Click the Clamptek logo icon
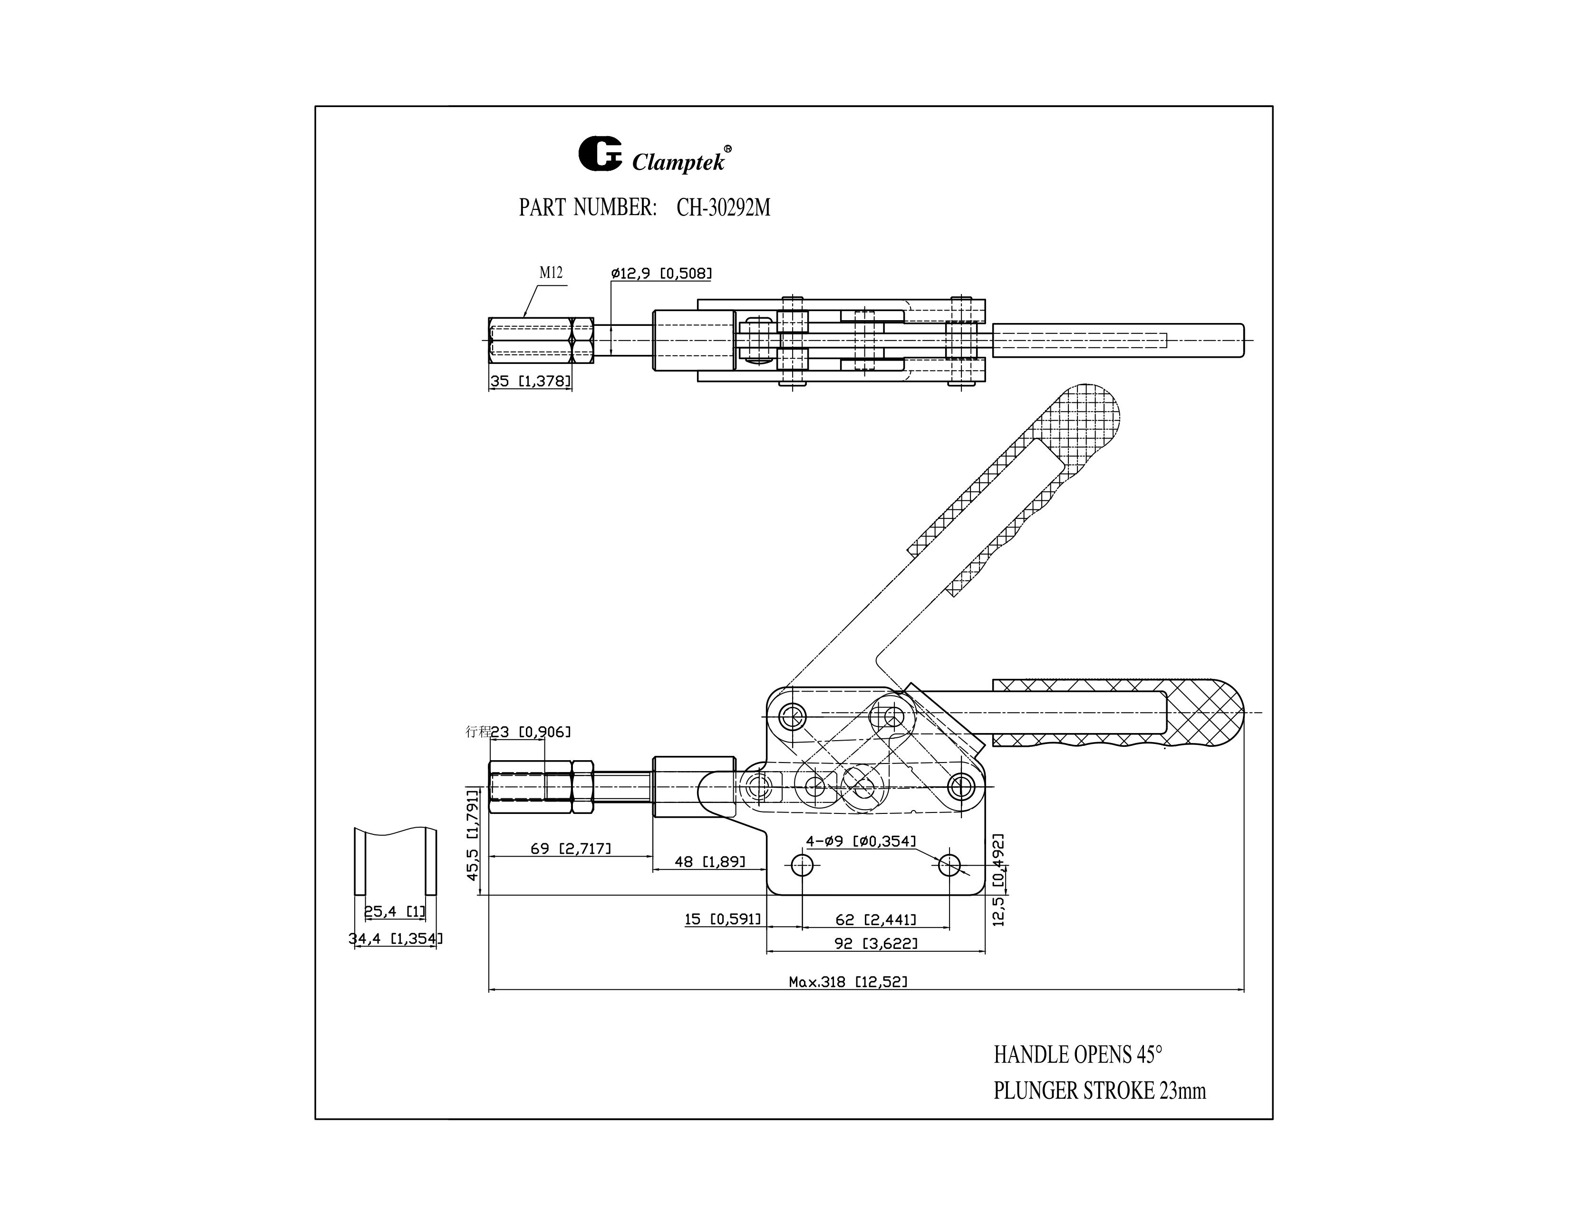(x=599, y=155)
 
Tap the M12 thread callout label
(x=551, y=273)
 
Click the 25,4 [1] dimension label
(x=395, y=911)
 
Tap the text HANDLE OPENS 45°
(x=1077, y=1055)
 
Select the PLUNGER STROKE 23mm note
(x=1099, y=1091)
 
